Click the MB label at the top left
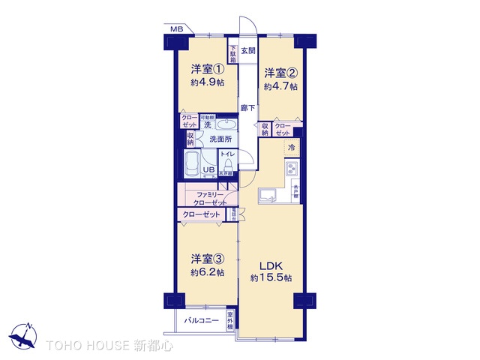click(176, 29)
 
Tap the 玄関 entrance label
click(248, 51)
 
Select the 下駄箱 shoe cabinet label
click(233, 52)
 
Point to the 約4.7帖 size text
click(280, 86)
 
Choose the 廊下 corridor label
click(247, 108)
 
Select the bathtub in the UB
click(192, 164)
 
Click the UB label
click(210, 170)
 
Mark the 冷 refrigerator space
click(291, 148)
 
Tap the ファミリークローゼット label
click(207, 199)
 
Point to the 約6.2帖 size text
click(207, 273)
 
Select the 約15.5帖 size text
click(271, 278)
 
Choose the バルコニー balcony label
click(200, 321)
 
